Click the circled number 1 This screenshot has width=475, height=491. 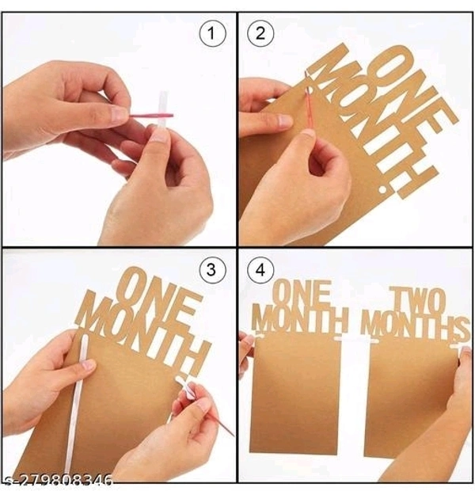(x=212, y=34)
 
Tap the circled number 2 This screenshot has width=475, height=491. (x=260, y=34)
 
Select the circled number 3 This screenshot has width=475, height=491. (x=211, y=270)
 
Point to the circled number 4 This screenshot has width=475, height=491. (x=260, y=270)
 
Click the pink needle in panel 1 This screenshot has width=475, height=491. (x=151, y=116)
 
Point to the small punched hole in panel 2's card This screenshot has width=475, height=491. (x=382, y=190)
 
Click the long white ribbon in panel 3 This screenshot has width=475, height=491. (x=75, y=404)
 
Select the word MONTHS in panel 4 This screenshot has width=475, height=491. (x=416, y=326)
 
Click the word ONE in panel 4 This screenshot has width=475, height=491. (x=302, y=293)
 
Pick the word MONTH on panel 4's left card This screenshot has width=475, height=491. (x=300, y=318)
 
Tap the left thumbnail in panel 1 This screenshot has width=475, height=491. (x=119, y=114)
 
